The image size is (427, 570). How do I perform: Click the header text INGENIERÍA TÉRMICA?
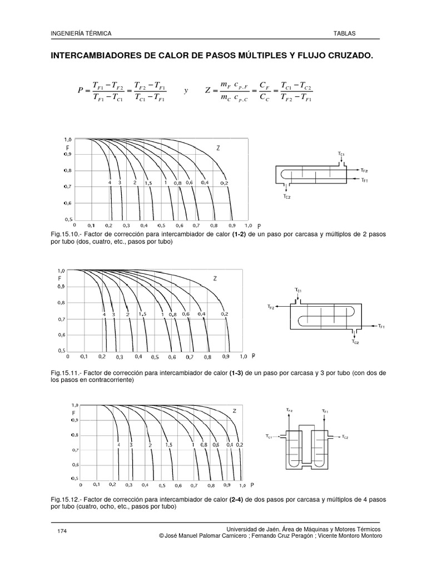81,34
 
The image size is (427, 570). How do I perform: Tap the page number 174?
62,532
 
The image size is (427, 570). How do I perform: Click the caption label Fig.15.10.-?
67,235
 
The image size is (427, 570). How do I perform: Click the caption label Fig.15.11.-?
67,371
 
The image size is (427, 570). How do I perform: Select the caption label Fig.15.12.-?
67,500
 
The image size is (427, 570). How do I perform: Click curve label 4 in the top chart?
110,183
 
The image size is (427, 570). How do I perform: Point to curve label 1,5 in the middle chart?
143,315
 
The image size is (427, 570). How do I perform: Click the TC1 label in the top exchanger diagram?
341,152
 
